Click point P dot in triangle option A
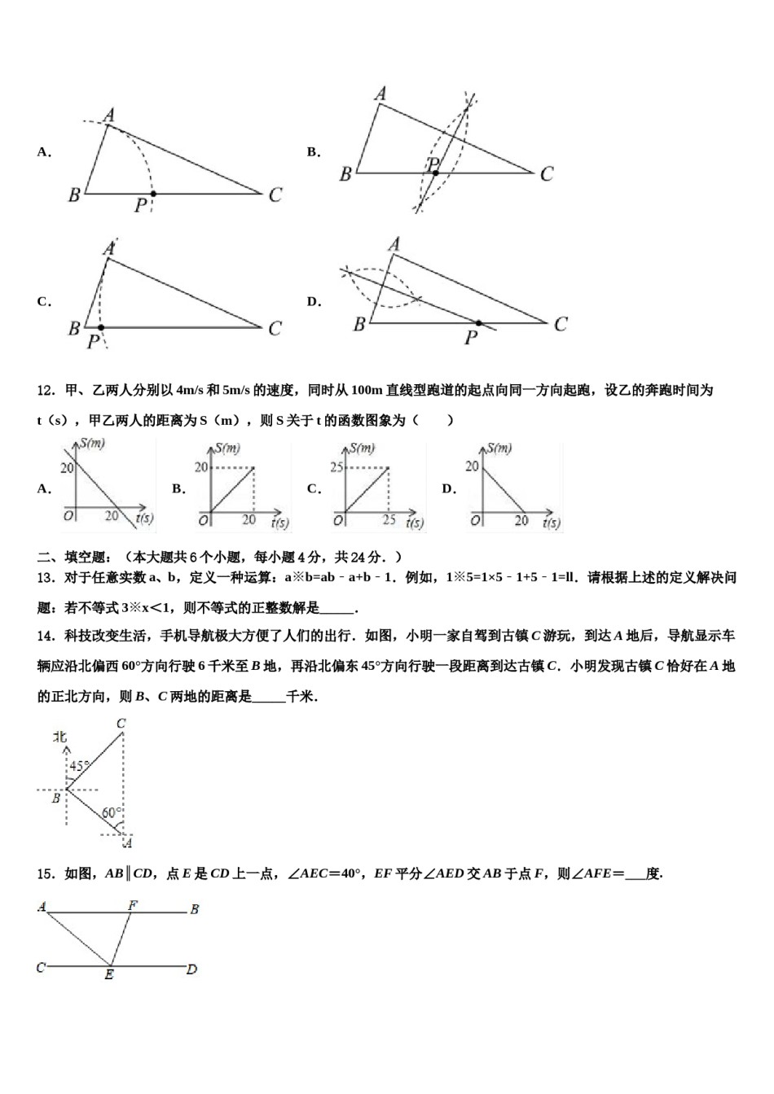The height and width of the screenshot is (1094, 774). (152, 194)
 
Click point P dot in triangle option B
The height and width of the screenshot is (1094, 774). (435, 173)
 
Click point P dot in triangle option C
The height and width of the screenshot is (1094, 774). (101, 327)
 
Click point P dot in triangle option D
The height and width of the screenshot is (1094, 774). (478, 323)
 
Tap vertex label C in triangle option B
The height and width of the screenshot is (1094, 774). (547, 173)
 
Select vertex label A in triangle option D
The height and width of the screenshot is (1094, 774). (394, 244)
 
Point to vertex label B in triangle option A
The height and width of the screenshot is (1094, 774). (74, 195)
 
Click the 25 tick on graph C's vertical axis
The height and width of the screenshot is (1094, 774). (336, 467)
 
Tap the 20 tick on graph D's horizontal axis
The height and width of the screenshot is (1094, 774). (521, 521)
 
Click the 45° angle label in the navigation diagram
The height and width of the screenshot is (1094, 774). (79, 766)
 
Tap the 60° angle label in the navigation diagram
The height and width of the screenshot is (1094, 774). (112, 812)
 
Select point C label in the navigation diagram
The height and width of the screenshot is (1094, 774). (121, 724)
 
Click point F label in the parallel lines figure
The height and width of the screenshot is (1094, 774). (133, 904)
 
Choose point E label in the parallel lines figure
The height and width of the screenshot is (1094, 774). (109, 974)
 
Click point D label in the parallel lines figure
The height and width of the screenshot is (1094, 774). (192, 969)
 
